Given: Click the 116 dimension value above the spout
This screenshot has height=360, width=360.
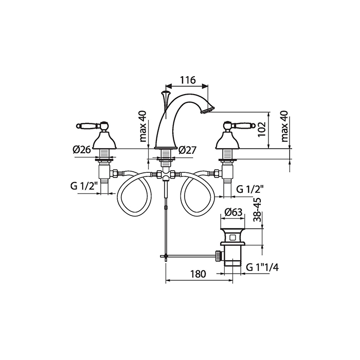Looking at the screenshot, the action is click(187, 80).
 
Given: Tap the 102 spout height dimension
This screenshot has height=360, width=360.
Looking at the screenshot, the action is click(261, 129).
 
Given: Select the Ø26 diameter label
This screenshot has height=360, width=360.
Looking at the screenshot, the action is click(82, 150).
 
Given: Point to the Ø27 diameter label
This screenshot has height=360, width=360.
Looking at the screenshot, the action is click(187, 150).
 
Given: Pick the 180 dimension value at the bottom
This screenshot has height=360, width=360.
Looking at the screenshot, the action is click(199, 274).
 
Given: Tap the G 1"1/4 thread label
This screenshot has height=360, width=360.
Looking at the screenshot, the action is click(262, 267).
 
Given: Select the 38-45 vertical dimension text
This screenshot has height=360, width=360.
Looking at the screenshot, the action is click(257, 210).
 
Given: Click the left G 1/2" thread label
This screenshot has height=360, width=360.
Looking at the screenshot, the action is click(83, 186).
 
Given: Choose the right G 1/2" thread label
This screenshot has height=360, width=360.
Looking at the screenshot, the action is click(250, 189).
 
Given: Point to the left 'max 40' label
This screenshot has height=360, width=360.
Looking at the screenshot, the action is click(143, 127).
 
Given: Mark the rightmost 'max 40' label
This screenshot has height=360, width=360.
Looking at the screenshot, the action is click(284, 127).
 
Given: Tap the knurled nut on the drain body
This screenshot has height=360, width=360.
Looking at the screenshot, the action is click(218, 256).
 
